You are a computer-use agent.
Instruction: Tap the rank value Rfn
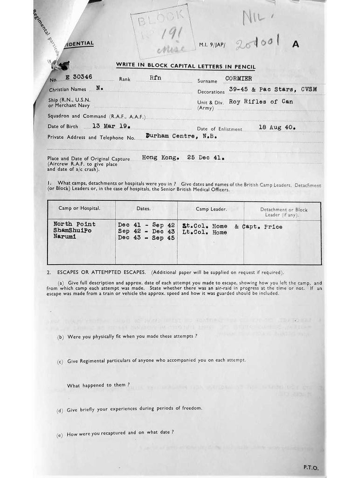point(155,77)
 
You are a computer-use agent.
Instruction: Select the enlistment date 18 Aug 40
point(277,127)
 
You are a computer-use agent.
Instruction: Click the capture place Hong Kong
point(160,158)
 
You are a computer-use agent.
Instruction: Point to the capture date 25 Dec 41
point(206,158)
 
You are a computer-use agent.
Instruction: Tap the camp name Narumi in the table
point(66,238)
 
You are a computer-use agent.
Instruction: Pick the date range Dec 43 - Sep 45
point(146,238)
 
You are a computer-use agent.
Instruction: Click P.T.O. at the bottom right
point(310,467)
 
